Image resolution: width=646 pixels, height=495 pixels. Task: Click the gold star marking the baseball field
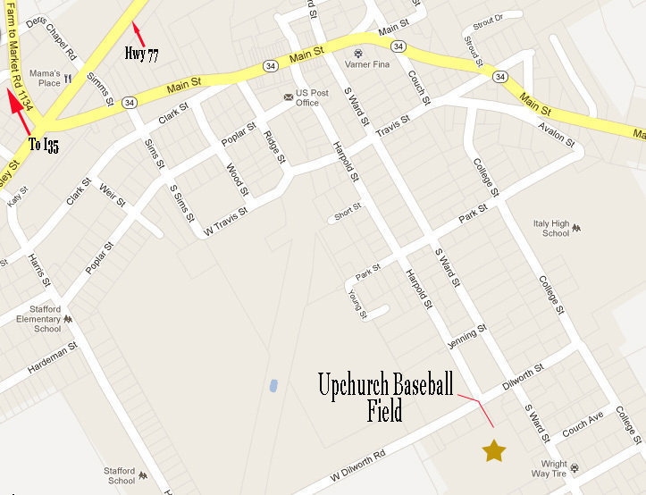(x=493, y=450)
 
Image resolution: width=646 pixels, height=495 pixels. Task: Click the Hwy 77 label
(x=141, y=55)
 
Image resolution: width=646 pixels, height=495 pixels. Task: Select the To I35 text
(x=44, y=146)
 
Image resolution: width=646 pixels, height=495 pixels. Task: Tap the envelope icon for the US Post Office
(x=287, y=96)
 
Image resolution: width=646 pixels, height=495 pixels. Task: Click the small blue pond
(x=271, y=386)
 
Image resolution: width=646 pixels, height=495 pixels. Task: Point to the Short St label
(x=348, y=212)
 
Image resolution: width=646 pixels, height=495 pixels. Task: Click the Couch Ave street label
(x=583, y=421)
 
